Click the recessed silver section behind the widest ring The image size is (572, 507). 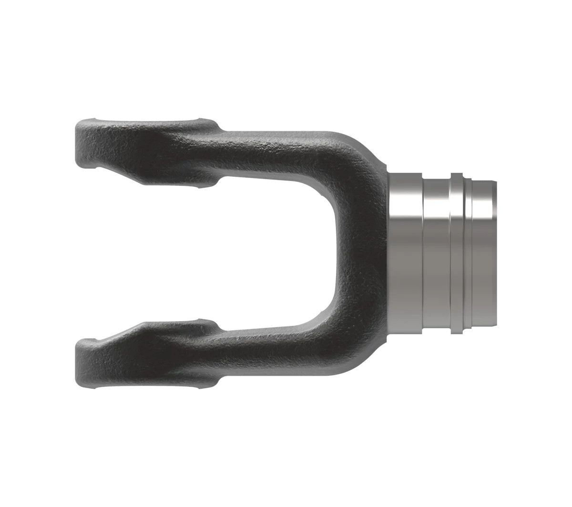[x=436, y=253]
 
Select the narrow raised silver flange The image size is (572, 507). [x=456, y=253]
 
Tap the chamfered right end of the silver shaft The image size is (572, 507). [x=495, y=253]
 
